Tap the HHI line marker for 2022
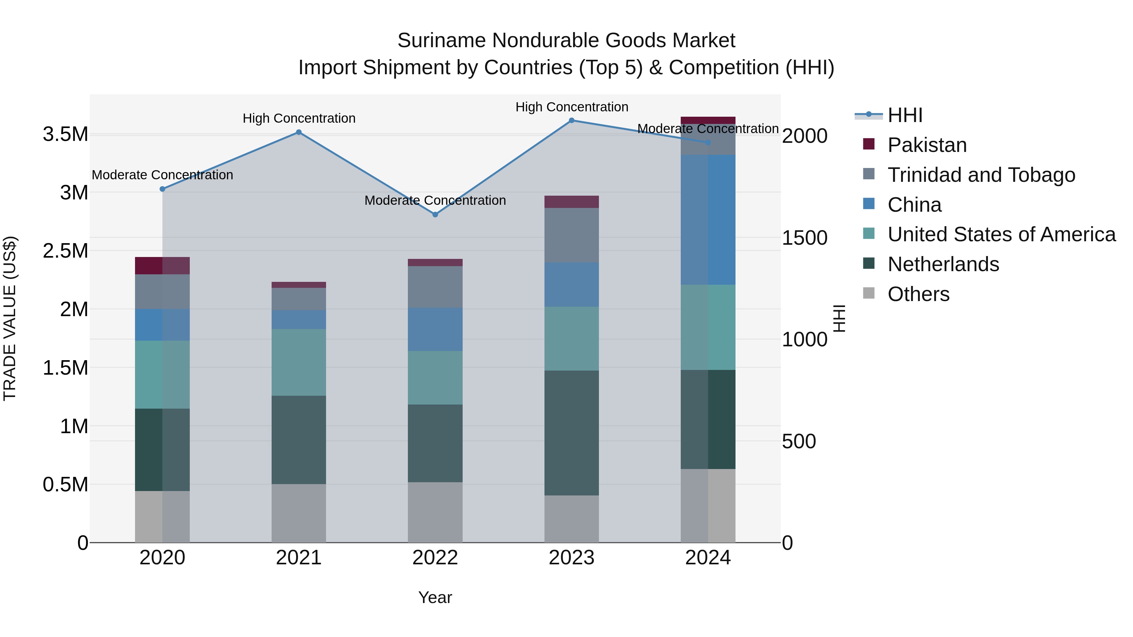click(435, 215)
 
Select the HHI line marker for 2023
click(571, 120)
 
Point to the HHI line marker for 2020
click(162, 189)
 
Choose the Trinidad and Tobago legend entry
click(981, 175)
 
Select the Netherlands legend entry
click(943, 264)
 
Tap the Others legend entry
click(918, 294)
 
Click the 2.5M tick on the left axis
click(65, 251)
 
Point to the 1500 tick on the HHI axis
click(804, 238)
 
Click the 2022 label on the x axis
click(435, 558)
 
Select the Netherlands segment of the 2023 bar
click(571, 433)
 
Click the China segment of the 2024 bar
click(708, 220)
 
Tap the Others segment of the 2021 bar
click(299, 513)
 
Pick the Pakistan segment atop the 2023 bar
click(571, 202)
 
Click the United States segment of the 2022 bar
click(435, 377)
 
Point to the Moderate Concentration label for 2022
click(435, 200)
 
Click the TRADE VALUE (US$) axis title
click(10, 318)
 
